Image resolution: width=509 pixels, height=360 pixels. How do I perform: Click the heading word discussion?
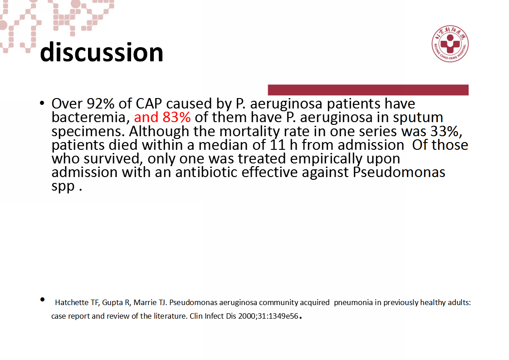[x=101, y=52]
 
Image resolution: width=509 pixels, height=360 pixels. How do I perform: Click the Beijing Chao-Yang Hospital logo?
[x=450, y=44]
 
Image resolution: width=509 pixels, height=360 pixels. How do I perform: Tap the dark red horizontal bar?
[x=368, y=90]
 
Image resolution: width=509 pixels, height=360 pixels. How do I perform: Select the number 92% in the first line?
[x=101, y=104]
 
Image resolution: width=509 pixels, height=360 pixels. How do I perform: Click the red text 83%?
[x=176, y=117]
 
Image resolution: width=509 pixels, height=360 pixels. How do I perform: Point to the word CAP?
[x=149, y=104]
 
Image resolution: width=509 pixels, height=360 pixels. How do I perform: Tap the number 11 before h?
[x=278, y=145]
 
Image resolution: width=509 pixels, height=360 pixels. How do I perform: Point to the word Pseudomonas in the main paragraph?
[x=399, y=172]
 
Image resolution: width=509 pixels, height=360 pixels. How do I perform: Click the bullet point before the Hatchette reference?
[x=43, y=300]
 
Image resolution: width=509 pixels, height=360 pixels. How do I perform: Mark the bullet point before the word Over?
[x=42, y=104]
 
